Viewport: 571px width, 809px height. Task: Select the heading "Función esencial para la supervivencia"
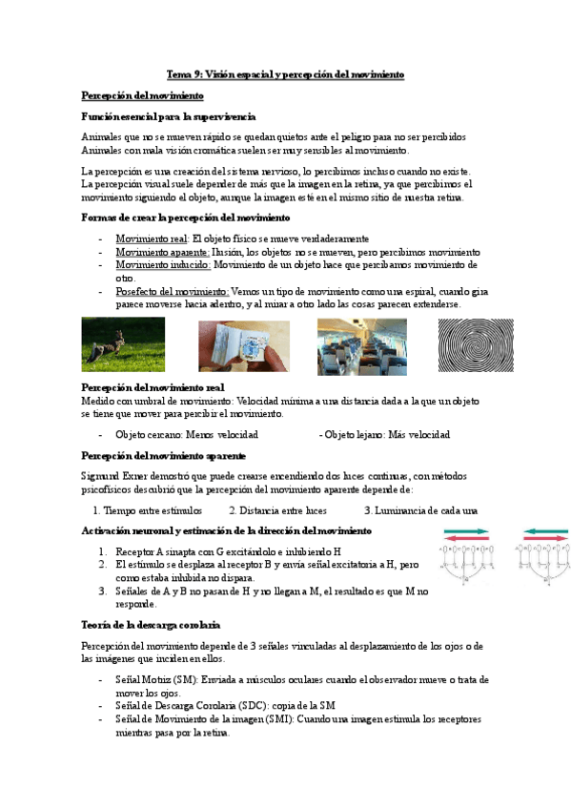point(168,115)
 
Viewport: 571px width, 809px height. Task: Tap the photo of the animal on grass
point(123,344)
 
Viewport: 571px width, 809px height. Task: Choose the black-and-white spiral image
point(475,344)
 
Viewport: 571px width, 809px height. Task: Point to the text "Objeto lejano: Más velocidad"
point(385,435)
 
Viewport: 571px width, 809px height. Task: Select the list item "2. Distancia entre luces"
point(277,510)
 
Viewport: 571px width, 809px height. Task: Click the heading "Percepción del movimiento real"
point(153,387)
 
